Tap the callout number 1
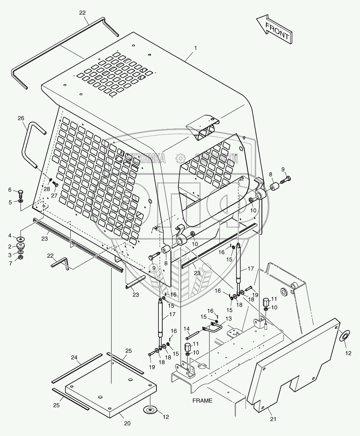tap(195, 48)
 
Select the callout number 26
tap(21, 118)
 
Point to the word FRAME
tap(202, 401)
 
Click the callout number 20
tap(127, 424)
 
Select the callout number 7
tap(10, 264)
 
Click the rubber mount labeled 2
tap(21, 247)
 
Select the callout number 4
tap(10, 236)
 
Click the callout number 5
tap(10, 202)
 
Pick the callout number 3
tap(10, 255)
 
